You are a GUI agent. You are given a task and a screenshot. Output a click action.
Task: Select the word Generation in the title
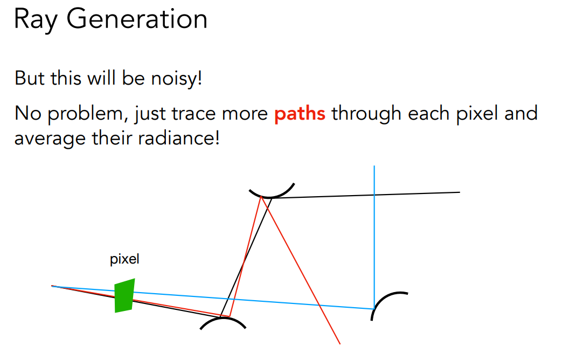tap(137, 18)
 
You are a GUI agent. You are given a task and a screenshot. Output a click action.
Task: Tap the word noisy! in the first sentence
tap(176, 79)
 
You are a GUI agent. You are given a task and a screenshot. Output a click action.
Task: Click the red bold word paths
tap(300, 114)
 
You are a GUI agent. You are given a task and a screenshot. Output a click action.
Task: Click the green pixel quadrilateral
tap(124, 296)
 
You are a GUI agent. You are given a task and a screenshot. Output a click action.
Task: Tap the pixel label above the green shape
tap(124, 259)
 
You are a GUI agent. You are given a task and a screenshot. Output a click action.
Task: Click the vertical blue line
tap(374, 237)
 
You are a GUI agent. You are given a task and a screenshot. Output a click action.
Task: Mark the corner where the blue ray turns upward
tap(374, 309)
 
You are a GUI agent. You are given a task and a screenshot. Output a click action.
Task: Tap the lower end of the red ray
tap(340, 344)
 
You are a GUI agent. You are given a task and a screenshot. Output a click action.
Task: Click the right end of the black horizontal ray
tap(460, 192)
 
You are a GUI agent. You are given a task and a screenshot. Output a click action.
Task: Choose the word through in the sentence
tap(366, 114)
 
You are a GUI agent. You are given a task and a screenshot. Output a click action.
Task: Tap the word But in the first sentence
tap(30, 78)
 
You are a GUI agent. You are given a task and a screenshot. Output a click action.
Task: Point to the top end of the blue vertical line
tap(374, 166)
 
